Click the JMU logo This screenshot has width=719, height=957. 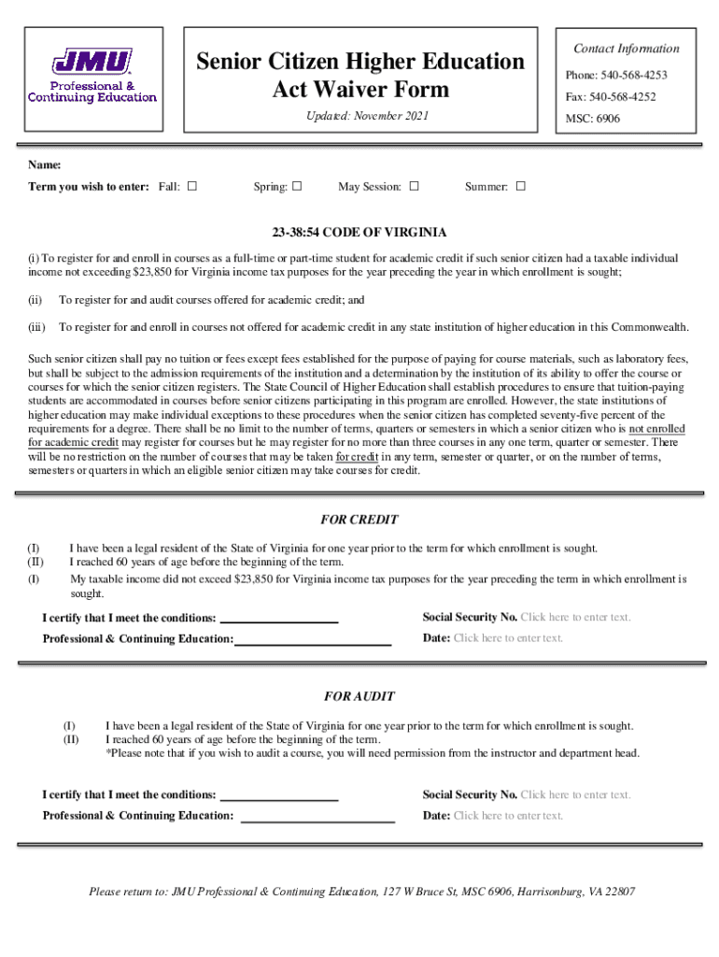click(92, 76)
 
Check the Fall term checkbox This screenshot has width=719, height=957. click(192, 186)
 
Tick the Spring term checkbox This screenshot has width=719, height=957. click(297, 186)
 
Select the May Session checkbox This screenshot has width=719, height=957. click(414, 186)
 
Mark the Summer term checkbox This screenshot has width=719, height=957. click(521, 186)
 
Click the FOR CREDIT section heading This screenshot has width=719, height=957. click(359, 520)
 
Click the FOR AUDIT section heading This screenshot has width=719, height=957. click(359, 696)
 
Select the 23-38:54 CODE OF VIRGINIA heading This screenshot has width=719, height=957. click(359, 232)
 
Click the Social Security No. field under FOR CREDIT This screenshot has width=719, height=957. click(575, 617)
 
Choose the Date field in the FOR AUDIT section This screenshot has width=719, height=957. click(509, 815)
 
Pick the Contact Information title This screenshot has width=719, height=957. click(627, 49)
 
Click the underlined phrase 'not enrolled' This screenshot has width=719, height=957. click(657, 429)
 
